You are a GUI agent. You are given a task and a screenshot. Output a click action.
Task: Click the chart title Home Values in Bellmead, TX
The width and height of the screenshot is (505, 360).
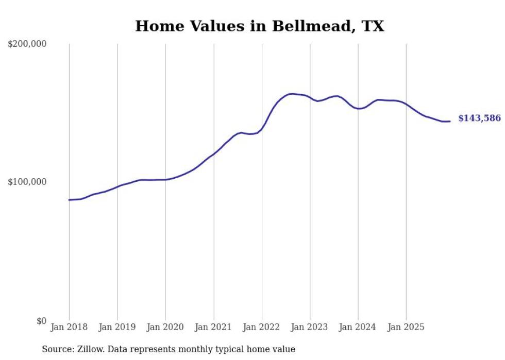coord(259,26)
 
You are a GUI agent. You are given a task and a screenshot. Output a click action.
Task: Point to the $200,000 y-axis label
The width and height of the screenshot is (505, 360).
coord(27,44)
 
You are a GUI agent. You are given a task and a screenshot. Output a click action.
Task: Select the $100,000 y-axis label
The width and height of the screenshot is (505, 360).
coord(27,182)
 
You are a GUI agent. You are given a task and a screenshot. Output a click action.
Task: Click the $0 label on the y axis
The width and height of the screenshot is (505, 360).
coord(41,321)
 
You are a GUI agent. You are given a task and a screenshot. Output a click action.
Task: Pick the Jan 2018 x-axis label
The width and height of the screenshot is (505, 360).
coord(69,328)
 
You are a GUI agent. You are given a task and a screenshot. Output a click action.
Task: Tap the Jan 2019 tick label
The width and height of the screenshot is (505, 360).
coord(117,328)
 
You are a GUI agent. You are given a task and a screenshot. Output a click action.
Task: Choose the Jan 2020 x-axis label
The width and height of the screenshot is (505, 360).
coord(165,328)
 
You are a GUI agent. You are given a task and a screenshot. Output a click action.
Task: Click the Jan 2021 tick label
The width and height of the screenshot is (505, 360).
coord(214,328)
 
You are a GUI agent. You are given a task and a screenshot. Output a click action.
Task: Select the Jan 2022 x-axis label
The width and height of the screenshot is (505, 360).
coord(262,328)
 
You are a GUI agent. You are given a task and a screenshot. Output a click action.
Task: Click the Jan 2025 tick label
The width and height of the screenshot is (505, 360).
coord(406,328)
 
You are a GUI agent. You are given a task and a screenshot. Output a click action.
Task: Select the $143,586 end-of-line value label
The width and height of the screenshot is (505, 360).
coord(479,118)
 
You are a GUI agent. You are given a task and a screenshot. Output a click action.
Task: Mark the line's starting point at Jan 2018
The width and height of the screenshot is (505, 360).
coord(69,200)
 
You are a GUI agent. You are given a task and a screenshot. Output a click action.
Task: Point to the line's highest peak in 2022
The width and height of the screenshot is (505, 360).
coord(292,94)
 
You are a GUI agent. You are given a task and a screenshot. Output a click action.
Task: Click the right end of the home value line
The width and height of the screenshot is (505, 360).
coord(450,122)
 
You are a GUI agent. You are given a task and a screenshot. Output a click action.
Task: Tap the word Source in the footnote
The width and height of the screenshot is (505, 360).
coord(58,349)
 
